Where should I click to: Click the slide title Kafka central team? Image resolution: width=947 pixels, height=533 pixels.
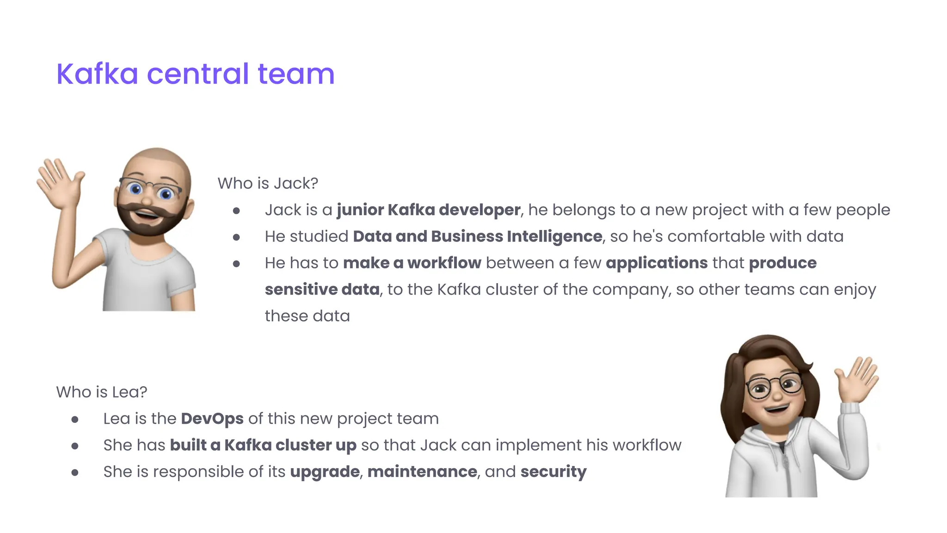[x=195, y=74]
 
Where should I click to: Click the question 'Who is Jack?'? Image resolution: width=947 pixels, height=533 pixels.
[x=268, y=183]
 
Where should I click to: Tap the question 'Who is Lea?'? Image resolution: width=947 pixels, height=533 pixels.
[x=101, y=392]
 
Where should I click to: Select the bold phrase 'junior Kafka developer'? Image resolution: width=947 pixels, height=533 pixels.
[x=428, y=210]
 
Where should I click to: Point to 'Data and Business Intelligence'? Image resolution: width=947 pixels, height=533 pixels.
[x=477, y=236]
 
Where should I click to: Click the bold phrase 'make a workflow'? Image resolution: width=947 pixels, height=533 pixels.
[x=412, y=263]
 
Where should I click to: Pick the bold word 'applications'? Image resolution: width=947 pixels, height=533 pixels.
[x=657, y=263]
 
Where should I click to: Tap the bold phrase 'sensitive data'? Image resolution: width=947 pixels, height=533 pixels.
[x=322, y=290]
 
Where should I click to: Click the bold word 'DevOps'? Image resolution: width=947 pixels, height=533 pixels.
[x=212, y=419]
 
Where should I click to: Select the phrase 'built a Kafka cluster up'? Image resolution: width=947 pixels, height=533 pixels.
[x=263, y=445]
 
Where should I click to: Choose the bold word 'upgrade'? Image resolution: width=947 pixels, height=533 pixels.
[x=325, y=472]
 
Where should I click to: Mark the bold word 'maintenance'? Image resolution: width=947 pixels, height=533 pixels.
[x=422, y=472]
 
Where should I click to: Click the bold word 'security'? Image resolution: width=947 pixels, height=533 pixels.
[x=553, y=472]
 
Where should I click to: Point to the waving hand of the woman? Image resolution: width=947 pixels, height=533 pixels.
[x=857, y=378]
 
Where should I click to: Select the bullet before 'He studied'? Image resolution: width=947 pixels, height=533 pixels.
[x=236, y=237]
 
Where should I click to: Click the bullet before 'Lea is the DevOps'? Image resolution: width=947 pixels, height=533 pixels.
[x=75, y=420]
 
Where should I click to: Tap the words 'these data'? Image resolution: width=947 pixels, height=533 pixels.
[x=307, y=316]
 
